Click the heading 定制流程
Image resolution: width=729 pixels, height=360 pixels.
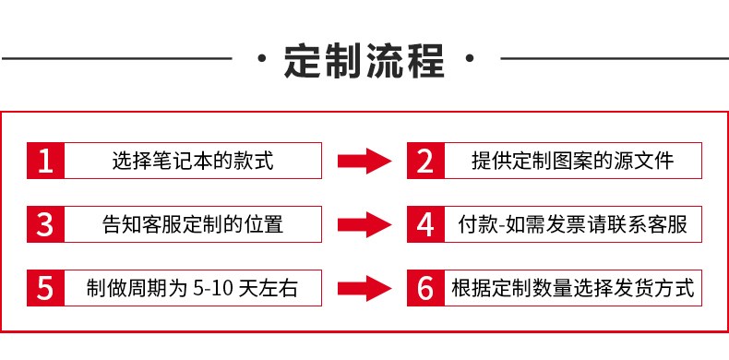click(364, 61)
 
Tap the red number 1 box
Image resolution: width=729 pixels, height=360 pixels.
click(45, 161)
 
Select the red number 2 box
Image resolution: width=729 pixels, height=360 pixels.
click(425, 161)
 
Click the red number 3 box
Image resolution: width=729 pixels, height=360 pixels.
click(45, 224)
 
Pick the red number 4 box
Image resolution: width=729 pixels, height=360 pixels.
click(425, 224)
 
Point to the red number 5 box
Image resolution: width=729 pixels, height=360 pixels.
click(45, 288)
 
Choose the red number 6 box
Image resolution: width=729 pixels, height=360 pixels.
click(425, 288)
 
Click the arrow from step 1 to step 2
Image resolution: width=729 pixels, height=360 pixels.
click(364, 161)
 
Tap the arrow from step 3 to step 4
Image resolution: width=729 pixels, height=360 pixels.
click(364, 224)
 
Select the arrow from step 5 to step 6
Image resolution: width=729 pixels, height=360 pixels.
click(364, 288)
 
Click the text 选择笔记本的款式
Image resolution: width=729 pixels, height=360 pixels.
click(193, 161)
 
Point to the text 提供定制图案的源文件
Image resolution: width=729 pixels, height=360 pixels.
click(573, 161)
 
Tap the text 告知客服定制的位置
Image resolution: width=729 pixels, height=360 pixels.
click(193, 224)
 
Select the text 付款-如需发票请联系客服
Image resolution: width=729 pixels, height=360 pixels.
click(573, 224)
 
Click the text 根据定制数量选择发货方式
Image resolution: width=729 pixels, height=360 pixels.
click(573, 288)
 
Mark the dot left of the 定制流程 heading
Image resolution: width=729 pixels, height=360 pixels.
click(262, 58)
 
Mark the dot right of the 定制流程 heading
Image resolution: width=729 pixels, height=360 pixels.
click(470, 58)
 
